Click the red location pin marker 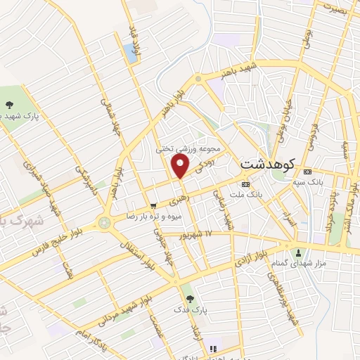[180, 167]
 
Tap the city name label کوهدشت [267, 162]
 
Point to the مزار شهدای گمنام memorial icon [300, 253]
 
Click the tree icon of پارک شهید [9, 105]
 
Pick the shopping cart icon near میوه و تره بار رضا [153, 205]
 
